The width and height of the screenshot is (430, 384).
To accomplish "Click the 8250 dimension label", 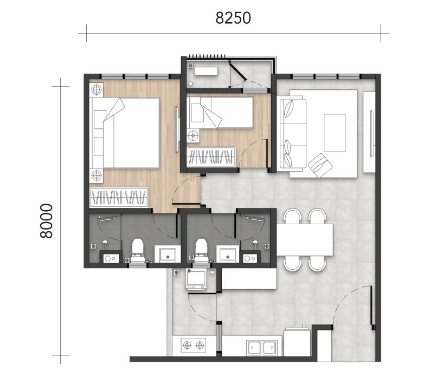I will click(x=233, y=18).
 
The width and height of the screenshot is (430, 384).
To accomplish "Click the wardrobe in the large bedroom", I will click(x=120, y=197).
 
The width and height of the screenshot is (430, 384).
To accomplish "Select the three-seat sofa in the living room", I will click(x=291, y=133).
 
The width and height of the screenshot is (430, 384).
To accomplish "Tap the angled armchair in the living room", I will click(x=320, y=164).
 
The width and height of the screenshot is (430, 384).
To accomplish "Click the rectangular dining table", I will click(x=305, y=240).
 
